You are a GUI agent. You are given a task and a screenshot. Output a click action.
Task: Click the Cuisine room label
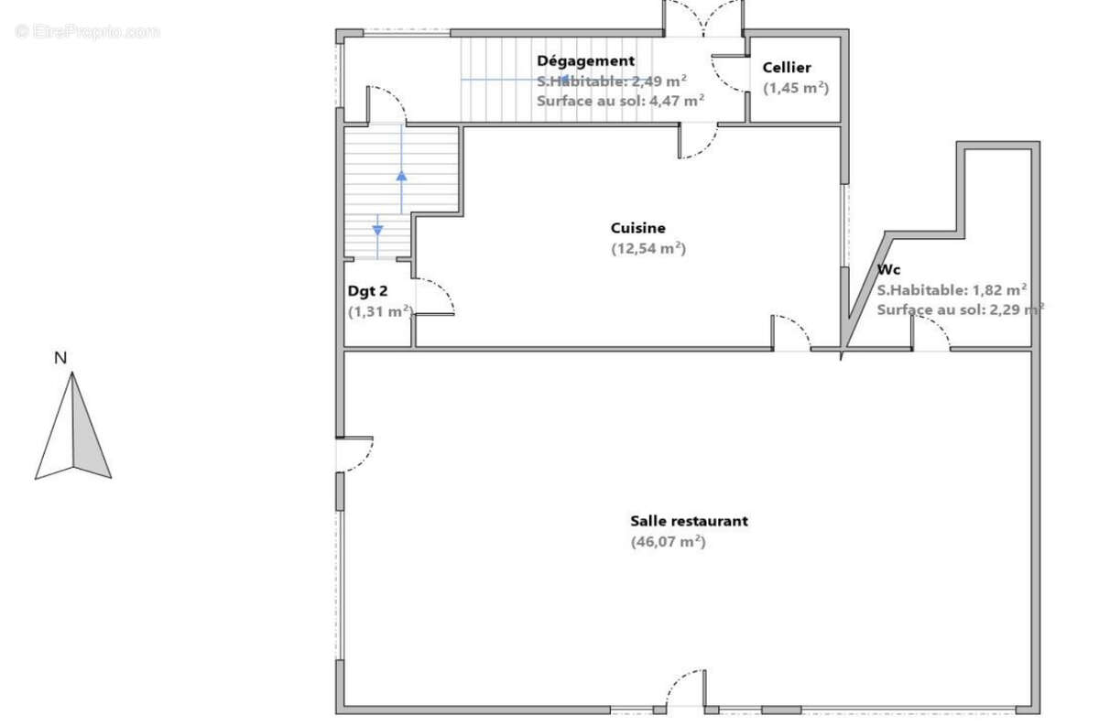click(x=637, y=228)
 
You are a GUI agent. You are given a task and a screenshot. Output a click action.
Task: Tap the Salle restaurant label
click(x=690, y=520)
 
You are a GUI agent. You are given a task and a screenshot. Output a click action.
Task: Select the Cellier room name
click(x=787, y=67)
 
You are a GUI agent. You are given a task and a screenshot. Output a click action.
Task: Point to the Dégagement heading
click(x=586, y=60)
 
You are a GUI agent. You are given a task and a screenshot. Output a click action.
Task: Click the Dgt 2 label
click(x=367, y=291)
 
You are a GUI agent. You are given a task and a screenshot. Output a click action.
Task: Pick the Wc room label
click(x=888, y=269)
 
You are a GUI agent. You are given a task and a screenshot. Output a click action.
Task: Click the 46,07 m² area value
click(x=669, y=542)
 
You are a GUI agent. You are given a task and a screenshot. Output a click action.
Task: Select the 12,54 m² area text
click(x=648, y=248)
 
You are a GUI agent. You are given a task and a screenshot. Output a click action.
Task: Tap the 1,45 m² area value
click(x=796, y=88)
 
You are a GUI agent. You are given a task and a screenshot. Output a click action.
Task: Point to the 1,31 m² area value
click(x=381, y=311)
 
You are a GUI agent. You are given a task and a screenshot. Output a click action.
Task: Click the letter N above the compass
click(x=60, y=358)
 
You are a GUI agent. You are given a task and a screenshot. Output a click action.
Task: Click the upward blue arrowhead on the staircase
click(x=401, y=176)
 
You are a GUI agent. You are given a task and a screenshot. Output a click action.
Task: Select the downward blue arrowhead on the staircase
click(x=377, y=230)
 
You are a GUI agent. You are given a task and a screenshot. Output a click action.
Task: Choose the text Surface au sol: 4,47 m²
click(x=621, y=101)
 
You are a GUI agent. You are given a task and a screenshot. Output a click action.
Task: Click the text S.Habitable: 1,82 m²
click(x=952, y=290)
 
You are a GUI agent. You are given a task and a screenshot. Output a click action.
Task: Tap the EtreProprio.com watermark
click(x=87, y=31)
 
